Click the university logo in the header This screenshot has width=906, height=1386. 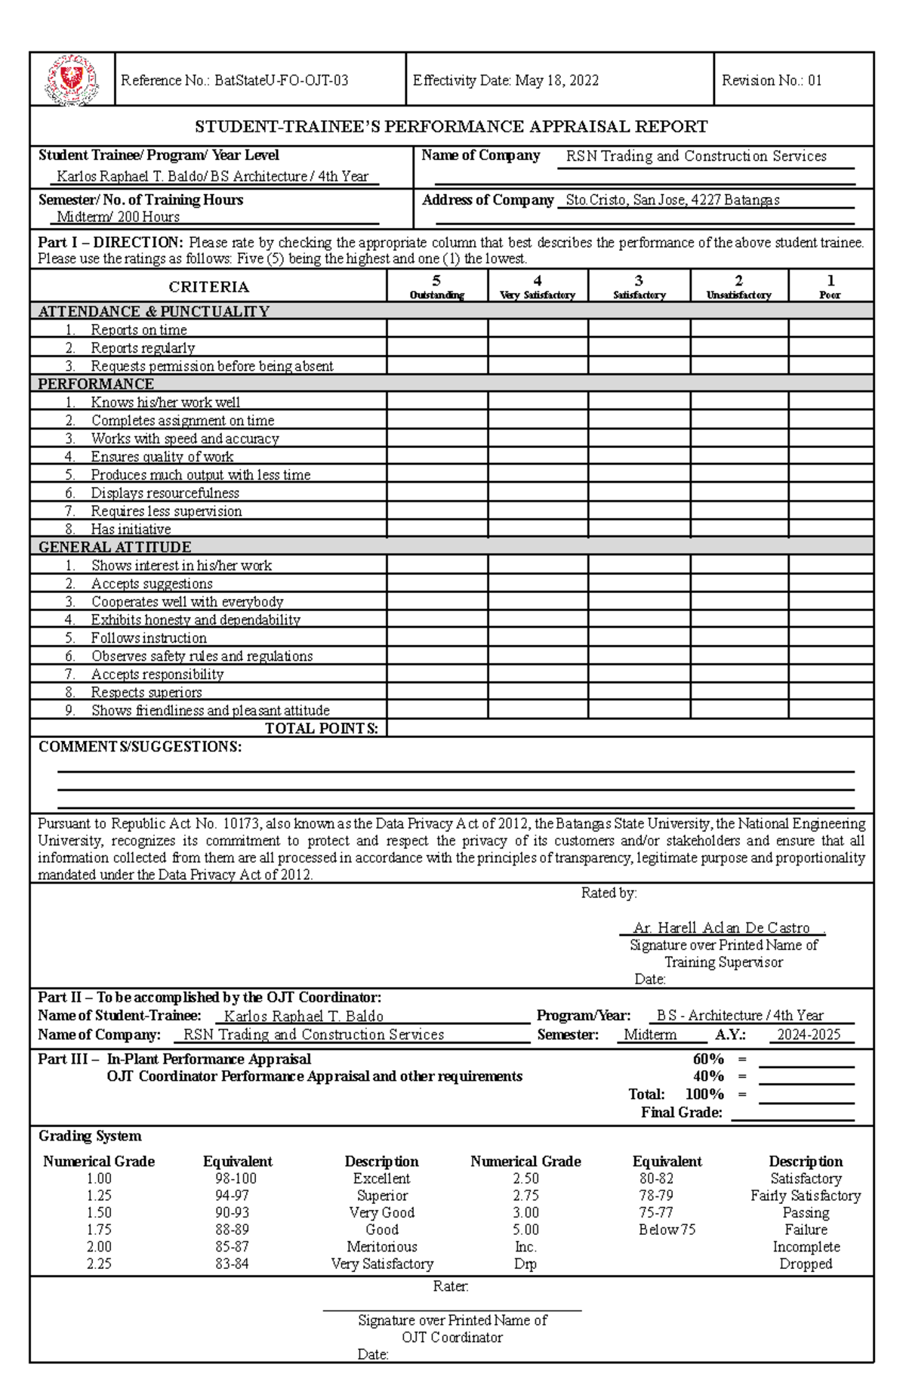pos(72,80)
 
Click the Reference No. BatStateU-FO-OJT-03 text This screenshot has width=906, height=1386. pos(234,81)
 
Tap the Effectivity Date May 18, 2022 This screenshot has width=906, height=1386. pos(505,81)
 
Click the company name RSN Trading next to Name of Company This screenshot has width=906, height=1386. pos(695,156)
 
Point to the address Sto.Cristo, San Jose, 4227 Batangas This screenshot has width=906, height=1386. pos(672,200)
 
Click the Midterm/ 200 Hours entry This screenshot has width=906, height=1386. pos(119,218)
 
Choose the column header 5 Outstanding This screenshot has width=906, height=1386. pos(436,287)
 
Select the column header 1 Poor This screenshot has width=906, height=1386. pos(830,287)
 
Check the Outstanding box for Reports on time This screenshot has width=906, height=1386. pos(436,329)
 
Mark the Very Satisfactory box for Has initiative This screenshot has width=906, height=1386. pos(538,529)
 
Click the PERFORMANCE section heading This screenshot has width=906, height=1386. pos(96,384)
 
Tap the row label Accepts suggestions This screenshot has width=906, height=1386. pos(151,584)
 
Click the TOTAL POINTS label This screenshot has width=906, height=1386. pos(321,729)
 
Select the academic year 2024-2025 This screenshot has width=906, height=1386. pos(808,1035)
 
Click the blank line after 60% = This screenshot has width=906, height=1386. pos(806,1060)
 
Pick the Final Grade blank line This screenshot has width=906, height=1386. pos(792,1113)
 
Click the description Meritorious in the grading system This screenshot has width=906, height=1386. pos(381,1247)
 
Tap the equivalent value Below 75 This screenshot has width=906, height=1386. pos(666,1230)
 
